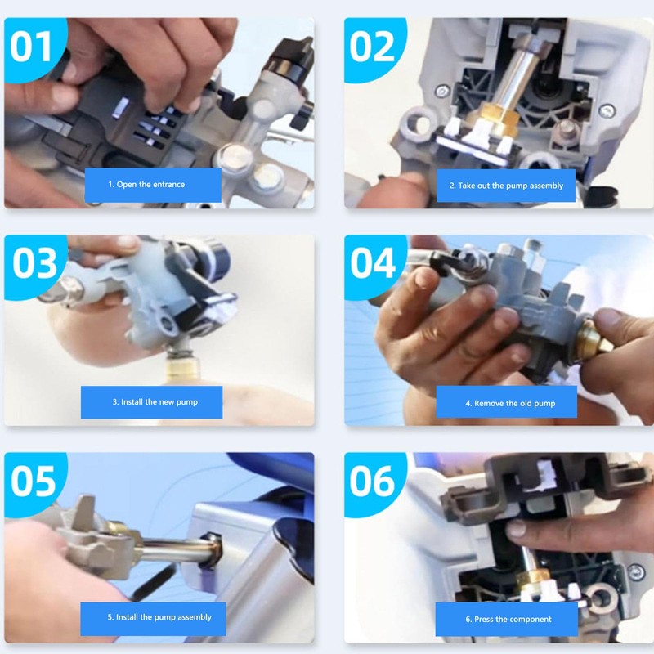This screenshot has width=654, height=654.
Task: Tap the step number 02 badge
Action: pos(373,47)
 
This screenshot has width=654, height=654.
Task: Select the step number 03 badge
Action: pos(34,263)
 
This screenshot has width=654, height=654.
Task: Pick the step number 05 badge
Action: pos(34,481)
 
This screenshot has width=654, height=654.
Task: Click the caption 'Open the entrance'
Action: pos(153,185)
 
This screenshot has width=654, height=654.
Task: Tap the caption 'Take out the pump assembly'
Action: pos(506,186)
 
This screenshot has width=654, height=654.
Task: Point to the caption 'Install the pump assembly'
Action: pos(153,617)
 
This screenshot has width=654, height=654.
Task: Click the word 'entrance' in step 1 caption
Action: pos(168,185)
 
